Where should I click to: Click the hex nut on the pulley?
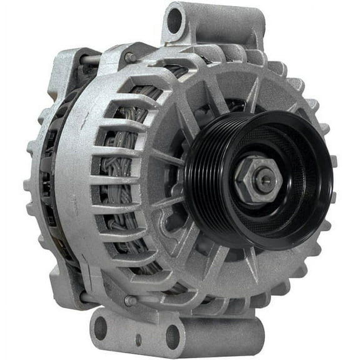[257, 181]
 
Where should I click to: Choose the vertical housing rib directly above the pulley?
[253, 94]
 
